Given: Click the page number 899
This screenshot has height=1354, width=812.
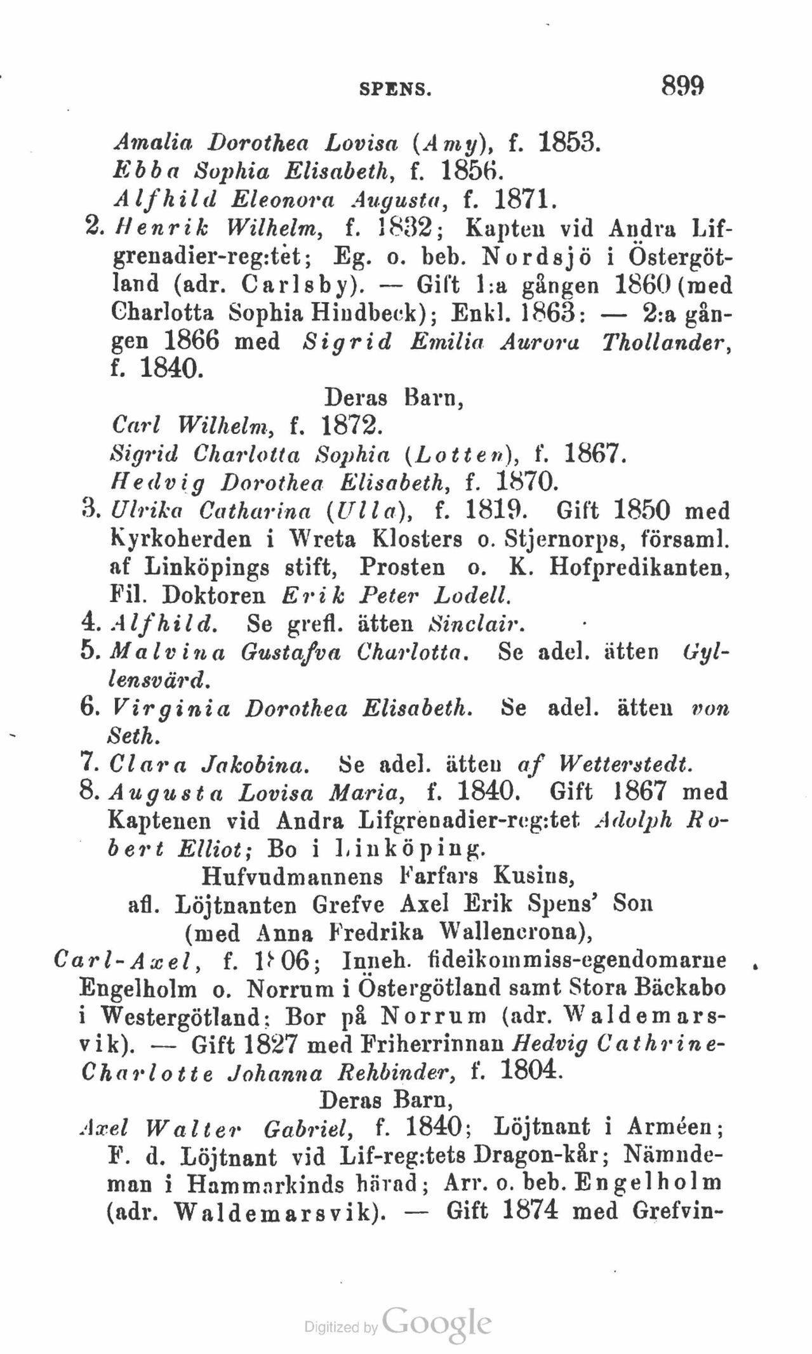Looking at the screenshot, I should [683, 84].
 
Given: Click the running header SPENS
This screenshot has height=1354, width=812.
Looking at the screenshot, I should [395, 89].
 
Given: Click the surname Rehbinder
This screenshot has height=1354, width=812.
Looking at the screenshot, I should [398, 1073].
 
